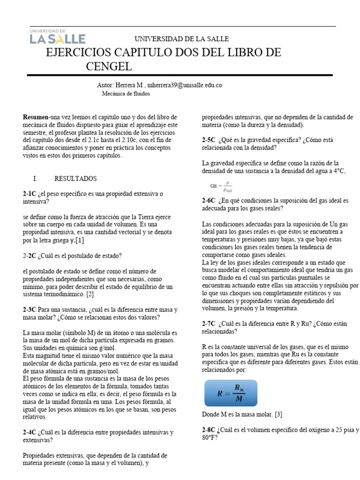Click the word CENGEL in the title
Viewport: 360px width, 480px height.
tap(109, 67)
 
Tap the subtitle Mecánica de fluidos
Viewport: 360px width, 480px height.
tap(126, 93)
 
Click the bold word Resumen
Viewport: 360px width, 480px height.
tap(36, 117)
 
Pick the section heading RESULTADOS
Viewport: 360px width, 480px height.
tap(75, 179)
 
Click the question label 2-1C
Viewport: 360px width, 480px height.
tap(30, 194)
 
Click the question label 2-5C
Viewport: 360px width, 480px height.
tap(209, 140)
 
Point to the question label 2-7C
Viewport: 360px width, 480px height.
tap(209, 324)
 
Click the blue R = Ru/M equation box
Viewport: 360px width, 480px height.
tap(231, 393)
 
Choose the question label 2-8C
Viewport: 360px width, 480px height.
tap(209, 430)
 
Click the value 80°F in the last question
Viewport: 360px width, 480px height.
tap(209, 438)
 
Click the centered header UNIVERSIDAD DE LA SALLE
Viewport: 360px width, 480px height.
tap(182, 39)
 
